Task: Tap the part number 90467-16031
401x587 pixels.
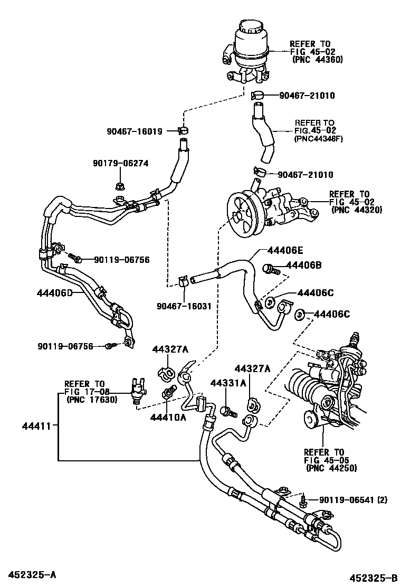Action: click(x=181, y=305)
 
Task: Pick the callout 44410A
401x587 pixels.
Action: click(x=168, y=417)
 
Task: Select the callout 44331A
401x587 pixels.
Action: click(x=228, y=384)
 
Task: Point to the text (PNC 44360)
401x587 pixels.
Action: click(x=317, y=60)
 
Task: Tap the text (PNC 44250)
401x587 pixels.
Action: click(x=330, y=468)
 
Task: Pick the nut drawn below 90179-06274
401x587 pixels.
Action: click(x=118, y=186)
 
